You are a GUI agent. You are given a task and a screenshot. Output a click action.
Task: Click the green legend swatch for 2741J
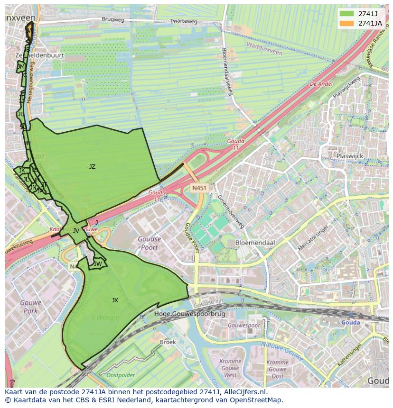click(346, 14)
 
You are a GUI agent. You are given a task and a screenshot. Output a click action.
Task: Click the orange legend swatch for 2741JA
click(346, 23)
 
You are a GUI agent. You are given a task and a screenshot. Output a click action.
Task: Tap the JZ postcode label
click(92, 166)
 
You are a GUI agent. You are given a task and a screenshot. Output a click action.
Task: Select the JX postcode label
click(115, 300)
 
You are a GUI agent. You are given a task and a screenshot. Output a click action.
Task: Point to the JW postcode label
click(98, 264)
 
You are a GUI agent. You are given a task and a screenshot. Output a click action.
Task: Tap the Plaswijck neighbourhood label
click(350, 155)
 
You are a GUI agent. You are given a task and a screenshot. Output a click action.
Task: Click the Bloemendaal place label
click(255, 242)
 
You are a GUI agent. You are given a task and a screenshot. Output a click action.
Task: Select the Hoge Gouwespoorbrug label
click(183, 314)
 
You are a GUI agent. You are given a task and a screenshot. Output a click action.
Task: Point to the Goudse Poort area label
click(149, 243)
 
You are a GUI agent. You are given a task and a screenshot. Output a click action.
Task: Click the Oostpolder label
click(121, 375)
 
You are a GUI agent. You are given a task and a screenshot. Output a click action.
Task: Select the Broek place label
click(168, 342)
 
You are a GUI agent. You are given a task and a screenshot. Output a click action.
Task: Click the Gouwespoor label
click(243, 326)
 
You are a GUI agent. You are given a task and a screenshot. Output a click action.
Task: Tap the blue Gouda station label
click(351, 323)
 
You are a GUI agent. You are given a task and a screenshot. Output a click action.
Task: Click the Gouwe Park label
click(31, 307)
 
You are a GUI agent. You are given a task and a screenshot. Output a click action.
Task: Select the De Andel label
click(321, 83)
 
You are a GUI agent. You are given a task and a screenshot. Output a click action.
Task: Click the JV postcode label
click(76, 231)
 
